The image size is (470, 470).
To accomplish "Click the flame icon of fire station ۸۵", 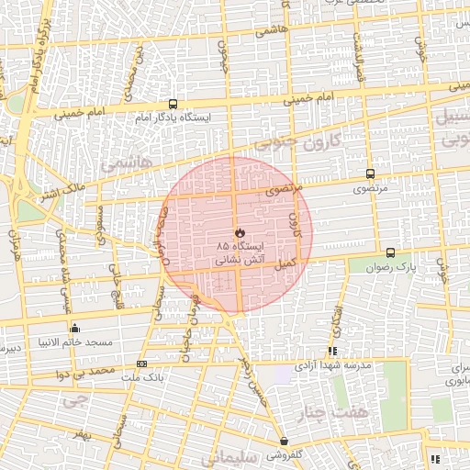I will [238, 232].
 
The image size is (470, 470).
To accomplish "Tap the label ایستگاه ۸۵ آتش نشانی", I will [240, 254].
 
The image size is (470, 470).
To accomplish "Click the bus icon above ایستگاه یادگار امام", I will [173, 104].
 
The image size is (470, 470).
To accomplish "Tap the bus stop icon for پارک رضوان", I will [390, 252].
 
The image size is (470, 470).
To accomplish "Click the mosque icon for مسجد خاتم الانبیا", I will [74, 328].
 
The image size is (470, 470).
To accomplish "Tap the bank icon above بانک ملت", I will [140, 364].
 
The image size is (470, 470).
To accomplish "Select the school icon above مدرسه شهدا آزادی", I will [332, 351].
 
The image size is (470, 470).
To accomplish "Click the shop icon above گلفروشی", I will [284, 441].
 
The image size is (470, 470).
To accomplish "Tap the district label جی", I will [70, 400].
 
